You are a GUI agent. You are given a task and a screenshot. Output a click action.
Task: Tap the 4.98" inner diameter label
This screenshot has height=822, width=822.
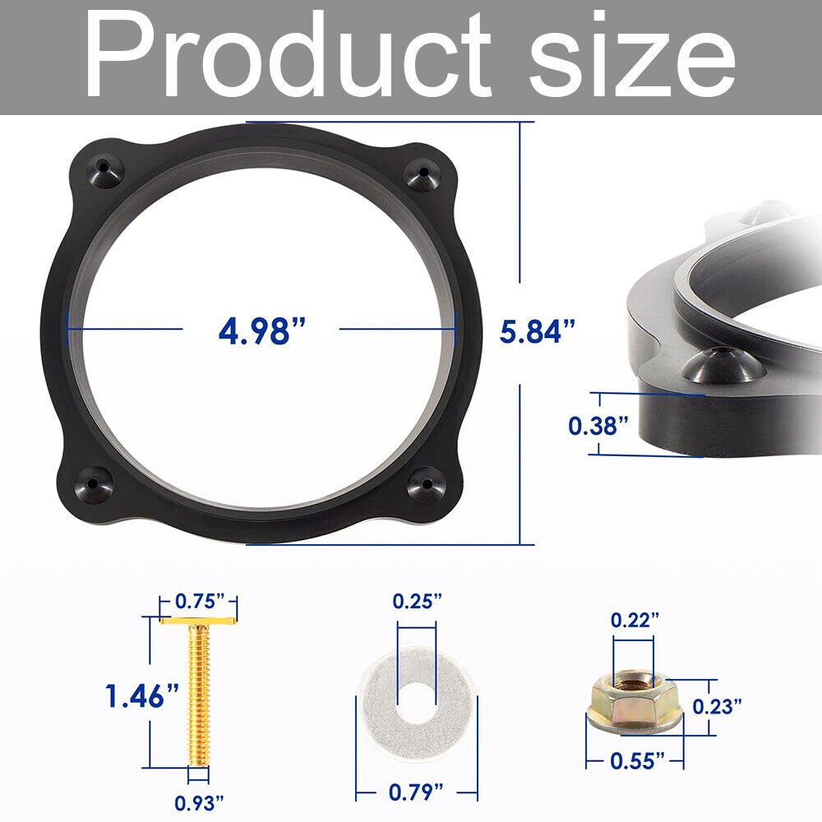point(261,330)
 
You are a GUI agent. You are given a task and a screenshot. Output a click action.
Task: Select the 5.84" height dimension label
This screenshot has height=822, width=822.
point(538,330)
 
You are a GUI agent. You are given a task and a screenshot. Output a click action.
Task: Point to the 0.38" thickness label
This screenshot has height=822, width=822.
point(598,425)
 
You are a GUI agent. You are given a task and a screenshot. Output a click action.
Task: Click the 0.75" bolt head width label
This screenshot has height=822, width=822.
point(200,601)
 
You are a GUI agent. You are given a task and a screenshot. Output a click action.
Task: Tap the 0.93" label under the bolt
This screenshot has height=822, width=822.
point(199,802)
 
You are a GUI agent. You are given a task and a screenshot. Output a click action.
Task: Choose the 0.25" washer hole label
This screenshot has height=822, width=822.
point(418,601)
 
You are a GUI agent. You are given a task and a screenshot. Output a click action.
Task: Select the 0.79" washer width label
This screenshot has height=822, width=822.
point(416,792)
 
